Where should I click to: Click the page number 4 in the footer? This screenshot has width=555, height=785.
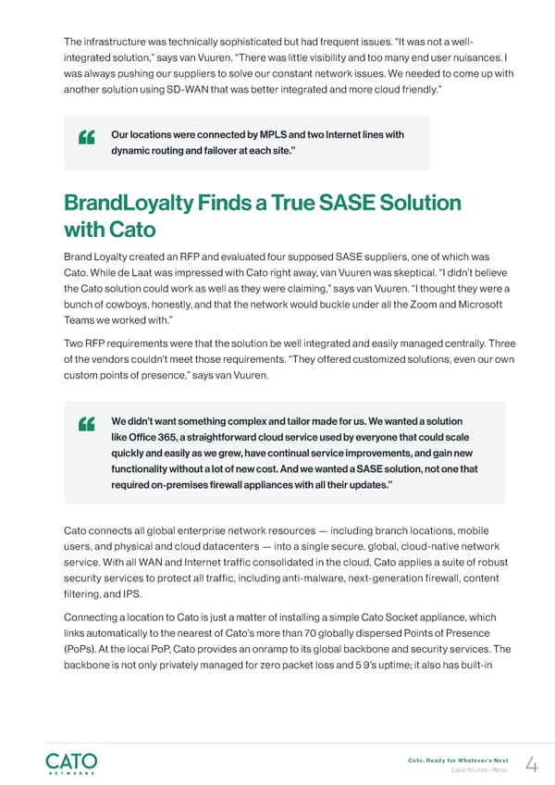(x=531, y=765)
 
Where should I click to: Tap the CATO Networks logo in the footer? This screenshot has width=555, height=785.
(x=71, y=764)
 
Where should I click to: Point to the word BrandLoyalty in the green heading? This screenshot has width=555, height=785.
(x=129, y=203)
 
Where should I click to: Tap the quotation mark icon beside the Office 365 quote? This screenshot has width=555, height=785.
(x=89, y=424)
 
